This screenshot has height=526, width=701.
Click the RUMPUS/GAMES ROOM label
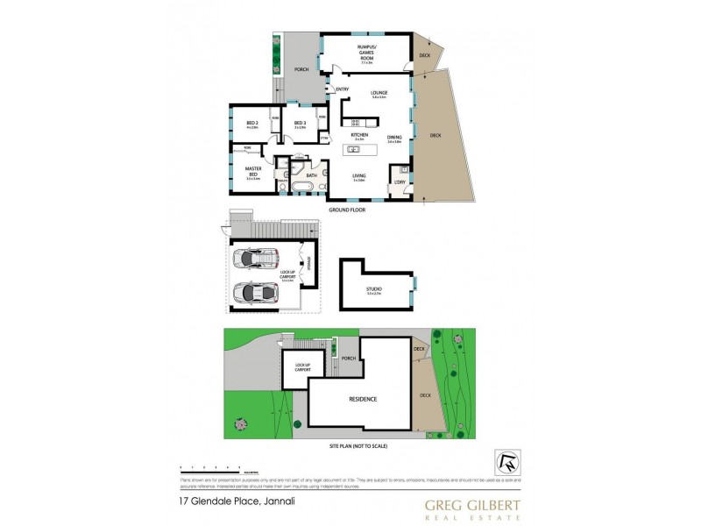pyautogui.click(x=367, y=53)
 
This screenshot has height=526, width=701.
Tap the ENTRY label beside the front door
pyautogui.click(x=342, y=89)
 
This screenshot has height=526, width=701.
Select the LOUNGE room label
pyautogui.click(x=379, y=93)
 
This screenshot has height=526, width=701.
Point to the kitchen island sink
pyautogui.click(x=356, y=150)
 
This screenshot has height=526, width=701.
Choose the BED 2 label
pyautogui.click(x=251, y=124)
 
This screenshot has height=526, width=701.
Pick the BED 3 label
pyautogui.click(x=300, y=124)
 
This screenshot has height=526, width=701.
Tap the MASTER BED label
pyautogui.click(x=252, y=171)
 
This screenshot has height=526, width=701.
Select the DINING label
pyautogui.click(x=394, y=137)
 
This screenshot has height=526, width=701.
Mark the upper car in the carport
pyautogui.click(x=254, y=259)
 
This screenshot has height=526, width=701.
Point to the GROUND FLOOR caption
pyautogui.click(x=346, y=211)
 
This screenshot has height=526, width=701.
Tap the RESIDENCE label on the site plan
pyautogui.click(x=364, y=399)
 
